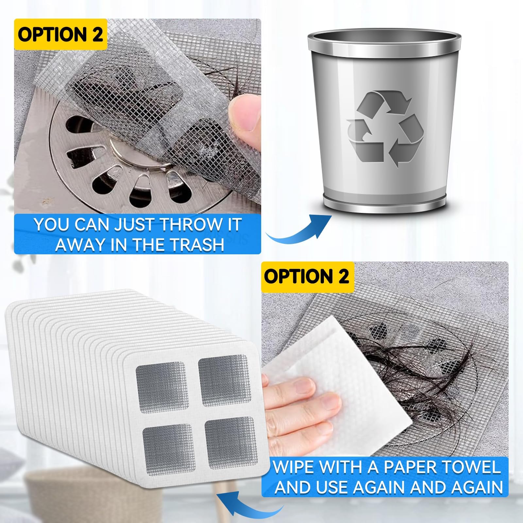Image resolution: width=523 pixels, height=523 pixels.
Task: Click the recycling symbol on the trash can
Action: click(385, 129)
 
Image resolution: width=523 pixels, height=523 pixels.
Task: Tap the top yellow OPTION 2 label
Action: click(60, 34)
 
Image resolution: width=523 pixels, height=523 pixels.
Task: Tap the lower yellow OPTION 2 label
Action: click(307, 277)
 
